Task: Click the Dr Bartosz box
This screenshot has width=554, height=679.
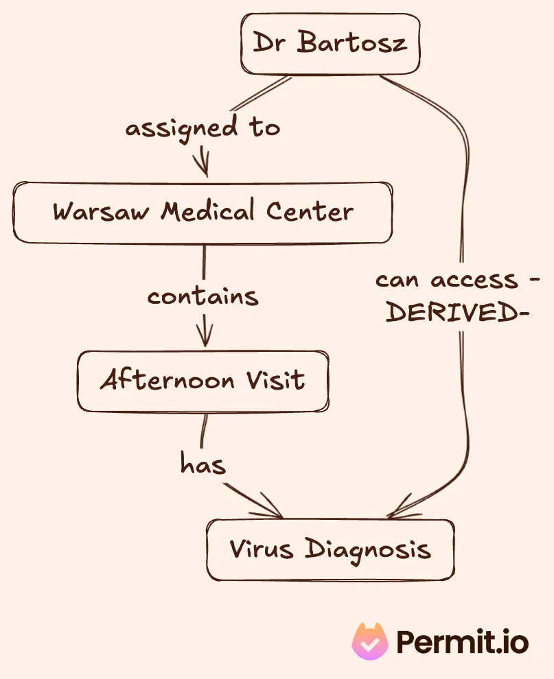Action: click(x=330, y=44)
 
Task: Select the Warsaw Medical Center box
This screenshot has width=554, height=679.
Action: click(x=203, y=212)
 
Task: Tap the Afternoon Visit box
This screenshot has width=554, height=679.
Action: click(x=203, y=381)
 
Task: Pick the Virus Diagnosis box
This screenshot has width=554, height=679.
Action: click(x=330, y=549)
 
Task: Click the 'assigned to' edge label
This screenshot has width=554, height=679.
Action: click(x=203, y=128)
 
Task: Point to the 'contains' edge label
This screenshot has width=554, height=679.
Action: click(x=203, y=296)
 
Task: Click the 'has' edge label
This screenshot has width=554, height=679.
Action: click(x=203, y=465)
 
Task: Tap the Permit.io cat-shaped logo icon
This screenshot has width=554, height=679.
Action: click(x=371, y=642)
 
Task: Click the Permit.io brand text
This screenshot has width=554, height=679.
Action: click(x=463, y=643)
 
